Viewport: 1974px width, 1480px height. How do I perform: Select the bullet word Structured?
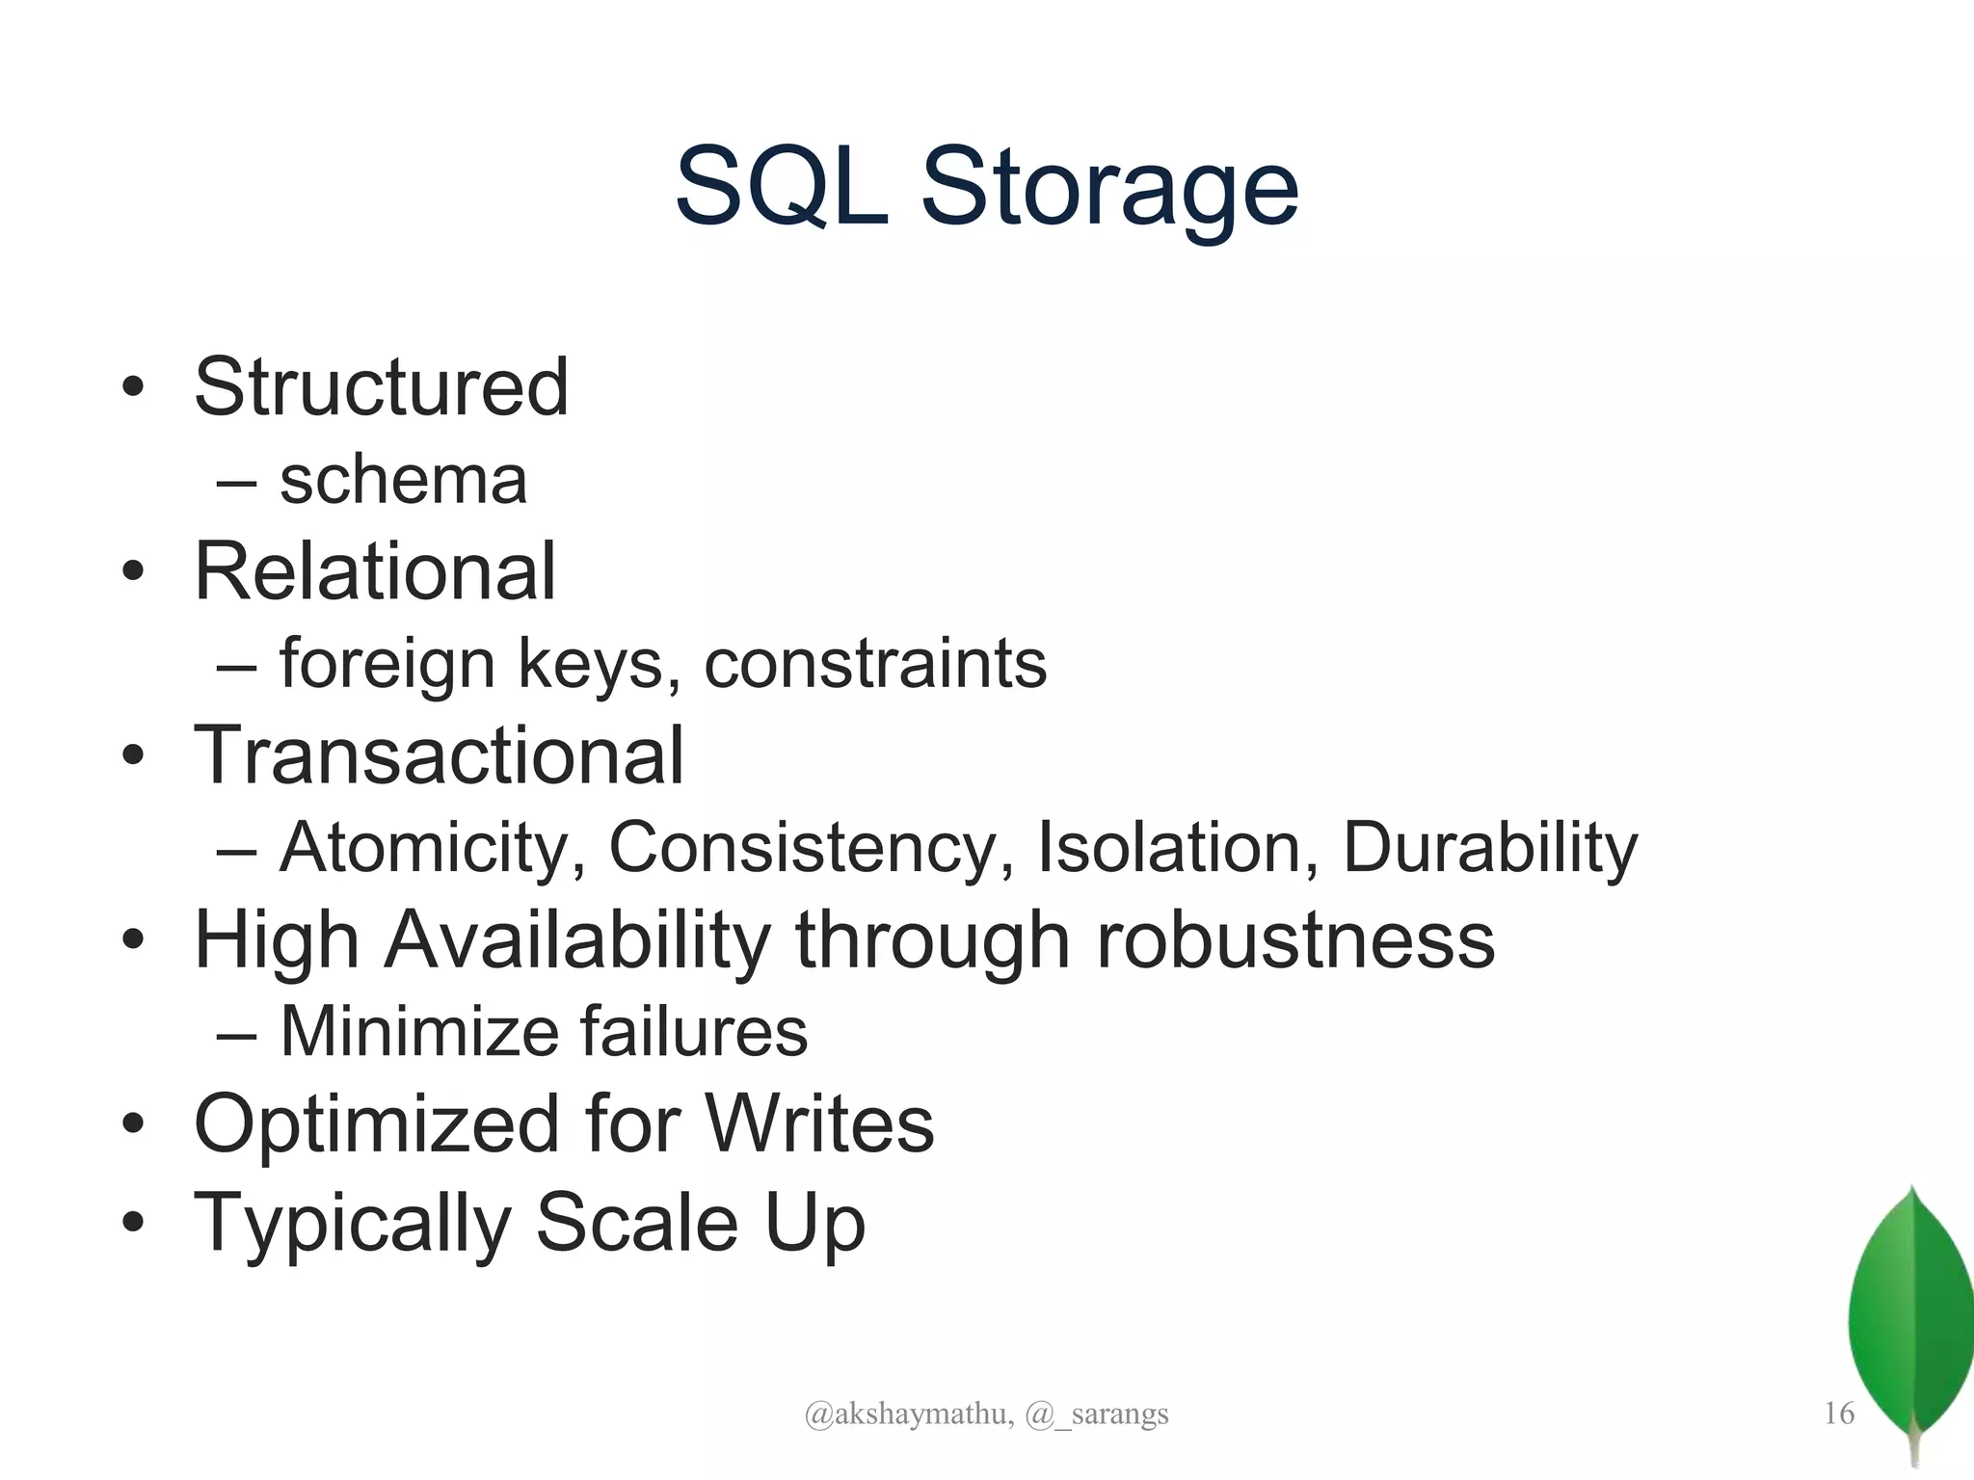[382, 387]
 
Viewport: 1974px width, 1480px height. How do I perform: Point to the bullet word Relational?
[375, 571]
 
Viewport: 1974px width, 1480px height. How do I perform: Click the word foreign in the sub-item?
[387, 664]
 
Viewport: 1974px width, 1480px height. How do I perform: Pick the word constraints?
[875, 664]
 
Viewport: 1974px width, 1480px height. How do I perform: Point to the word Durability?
[1490, 848]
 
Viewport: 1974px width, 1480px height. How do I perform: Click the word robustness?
[1295, 939]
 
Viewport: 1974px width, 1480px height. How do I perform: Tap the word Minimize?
[418, 1031]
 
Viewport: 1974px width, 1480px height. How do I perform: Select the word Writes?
[819, 1123]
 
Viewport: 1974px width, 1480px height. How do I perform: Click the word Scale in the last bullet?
[637, 1222]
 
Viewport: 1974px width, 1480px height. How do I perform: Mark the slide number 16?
[1839, 1414]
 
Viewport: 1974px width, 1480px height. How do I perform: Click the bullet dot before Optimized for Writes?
[133, 1123]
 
